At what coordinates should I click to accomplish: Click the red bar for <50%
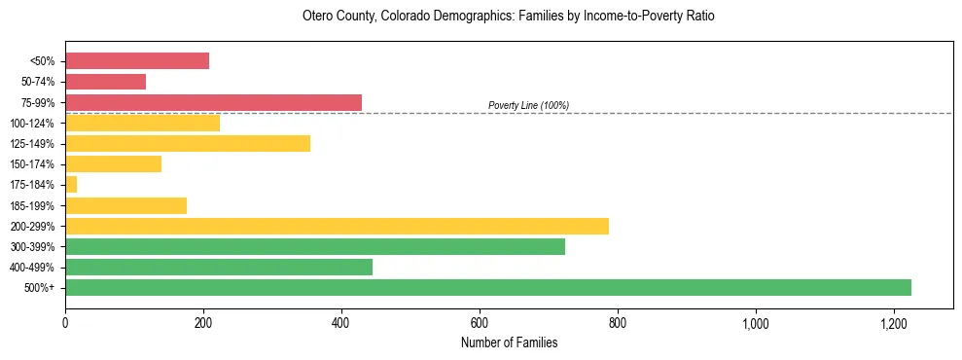coord(137,61)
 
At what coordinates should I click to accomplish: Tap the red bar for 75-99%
coord(213,102)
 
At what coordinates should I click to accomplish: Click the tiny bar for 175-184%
coord(71,184)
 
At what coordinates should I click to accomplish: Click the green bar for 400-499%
coord(219,267)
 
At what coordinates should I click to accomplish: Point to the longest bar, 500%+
coord(488,287)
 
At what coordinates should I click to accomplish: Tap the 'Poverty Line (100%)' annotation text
coord(528,105)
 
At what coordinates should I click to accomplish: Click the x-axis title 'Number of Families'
coord(509,342)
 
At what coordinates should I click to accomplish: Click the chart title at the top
coord(509,17)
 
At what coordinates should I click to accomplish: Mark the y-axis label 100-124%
coord(32,124)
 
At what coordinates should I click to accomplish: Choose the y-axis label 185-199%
coord(32,205)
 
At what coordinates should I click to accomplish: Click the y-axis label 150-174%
coord(32,164)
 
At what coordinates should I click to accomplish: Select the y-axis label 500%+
coord(39,288)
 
